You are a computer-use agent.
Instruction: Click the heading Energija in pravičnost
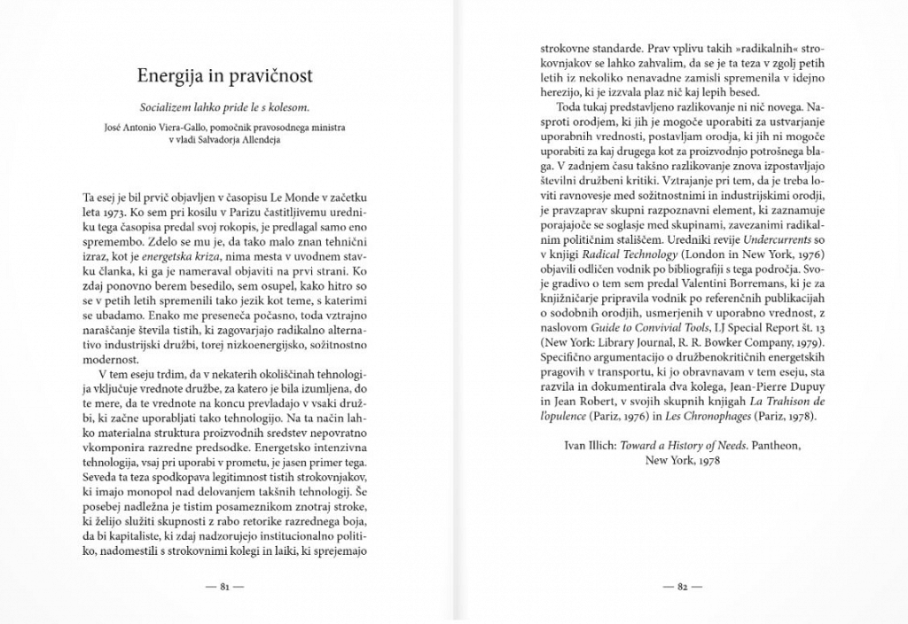pyautogui.click(x=224, y=75)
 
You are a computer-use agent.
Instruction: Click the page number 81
pyautogui.click(x=224, y=587)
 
